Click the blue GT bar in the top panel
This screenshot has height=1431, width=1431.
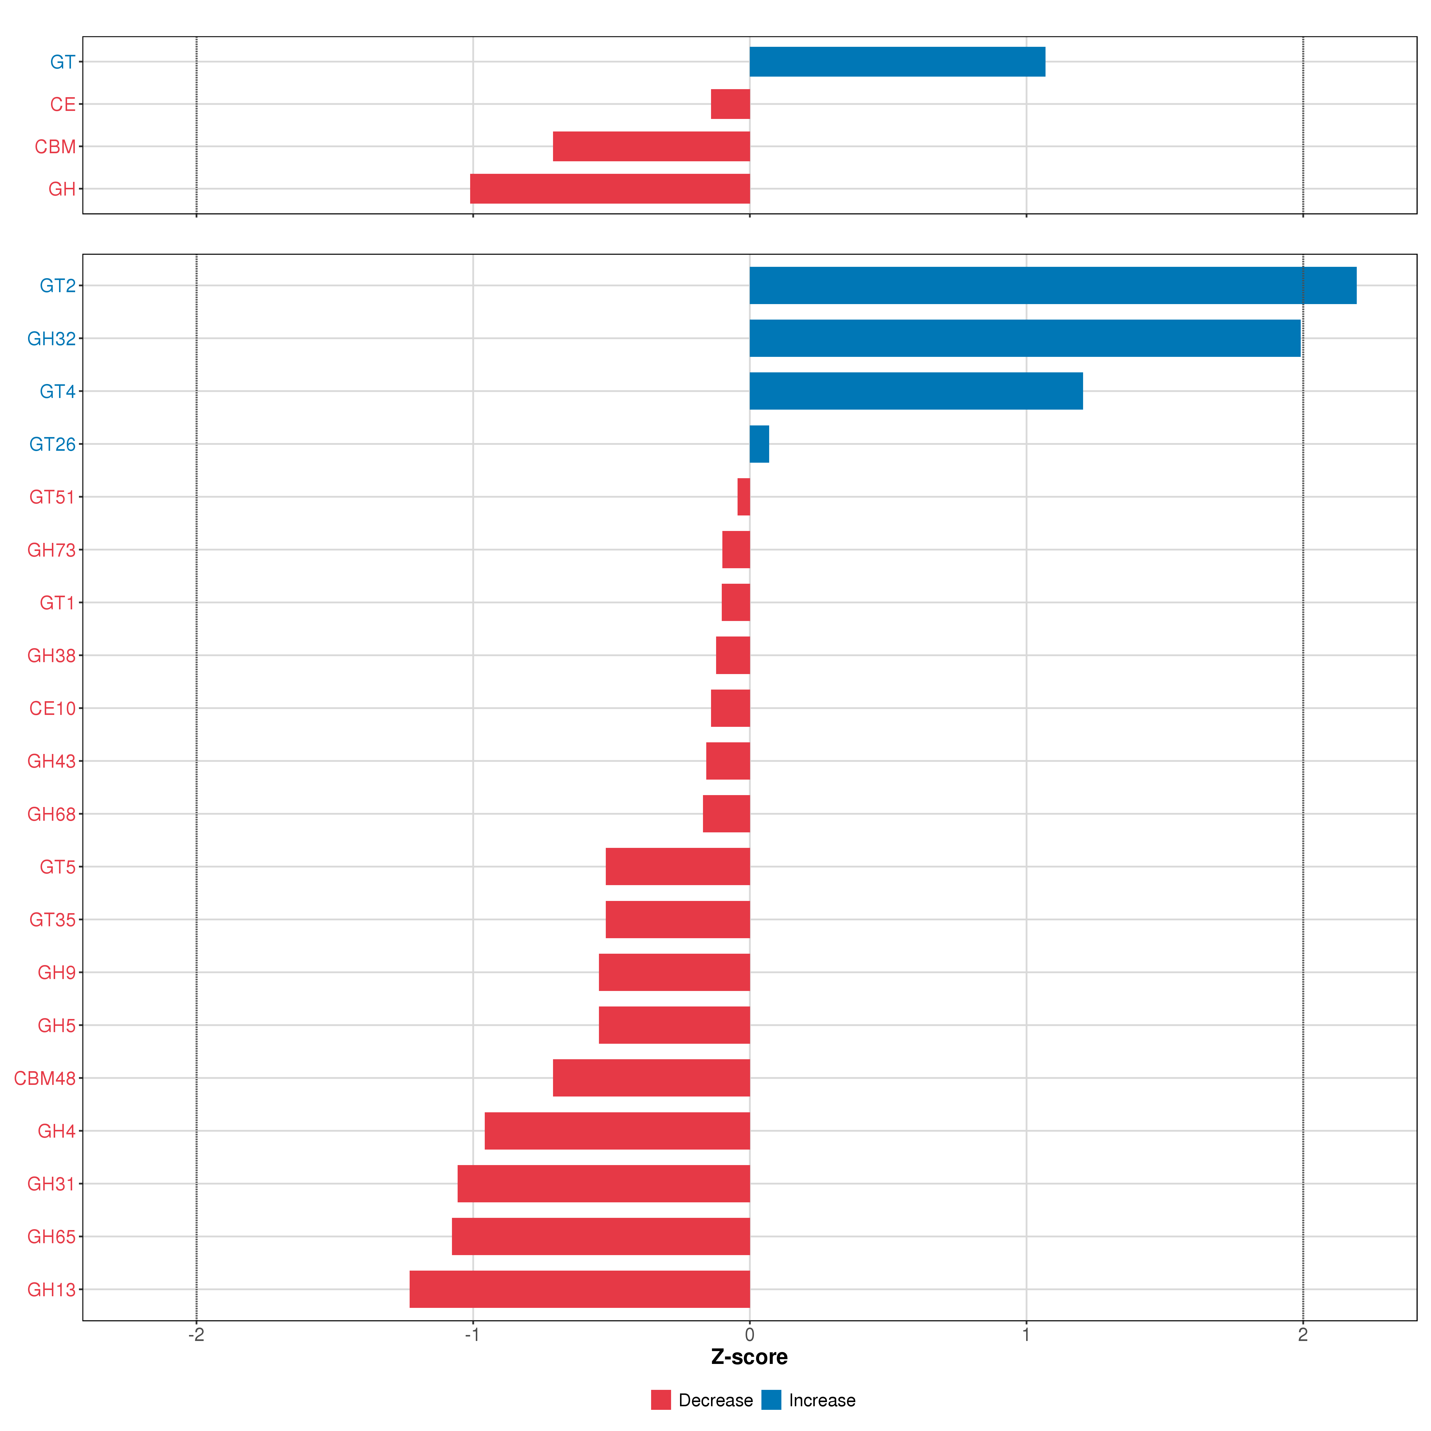click(897, 61)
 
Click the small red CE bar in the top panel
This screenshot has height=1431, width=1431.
click(730, 104)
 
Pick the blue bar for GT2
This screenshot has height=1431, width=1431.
click(1052, 285)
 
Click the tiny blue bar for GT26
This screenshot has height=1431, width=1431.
click(759, 444)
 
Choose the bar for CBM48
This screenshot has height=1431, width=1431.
click(651, 1078)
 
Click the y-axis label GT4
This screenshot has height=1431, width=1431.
click(57, 391)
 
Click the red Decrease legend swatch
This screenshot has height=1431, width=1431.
click(661, 1400)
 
